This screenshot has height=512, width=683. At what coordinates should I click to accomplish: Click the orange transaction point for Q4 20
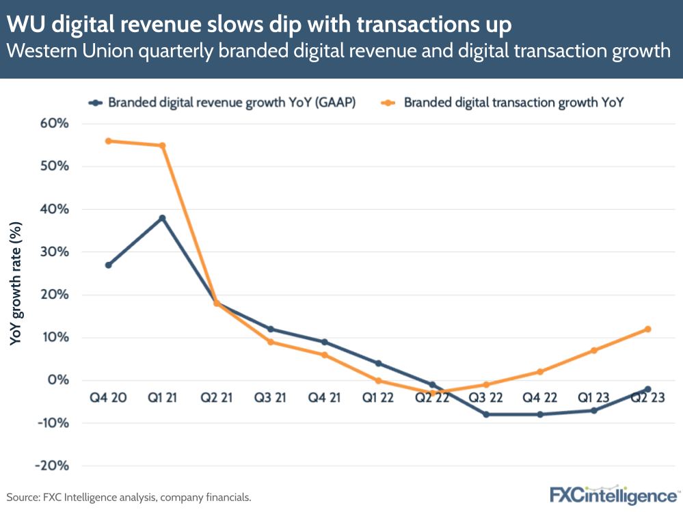(x=108, y=141)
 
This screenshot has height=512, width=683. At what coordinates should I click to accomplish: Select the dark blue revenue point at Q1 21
(x=162, y=218)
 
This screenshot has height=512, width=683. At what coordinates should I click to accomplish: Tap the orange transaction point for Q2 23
(x=647, y=329)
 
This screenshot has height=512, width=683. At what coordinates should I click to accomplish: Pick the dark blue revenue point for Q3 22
(x=486, y=414)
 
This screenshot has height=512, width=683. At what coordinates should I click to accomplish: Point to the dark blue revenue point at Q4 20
(x=108, y=265)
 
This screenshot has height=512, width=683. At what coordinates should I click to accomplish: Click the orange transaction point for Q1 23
(x=593, y=351)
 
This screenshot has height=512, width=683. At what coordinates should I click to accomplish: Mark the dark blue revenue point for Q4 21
(x=324, y=342)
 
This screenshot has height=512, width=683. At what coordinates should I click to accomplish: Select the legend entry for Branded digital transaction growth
(x=515, y=103)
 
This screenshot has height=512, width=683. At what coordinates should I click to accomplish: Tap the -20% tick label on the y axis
(x=54, y=466)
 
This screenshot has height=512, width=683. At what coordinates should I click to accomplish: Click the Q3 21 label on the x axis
(x=270, y=397)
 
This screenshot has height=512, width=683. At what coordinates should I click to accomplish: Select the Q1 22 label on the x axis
(x=377, y=397)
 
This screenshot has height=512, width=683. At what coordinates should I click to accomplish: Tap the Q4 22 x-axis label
(x=540, y=397)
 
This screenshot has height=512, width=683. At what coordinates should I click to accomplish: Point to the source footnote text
(x=129, y=497)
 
